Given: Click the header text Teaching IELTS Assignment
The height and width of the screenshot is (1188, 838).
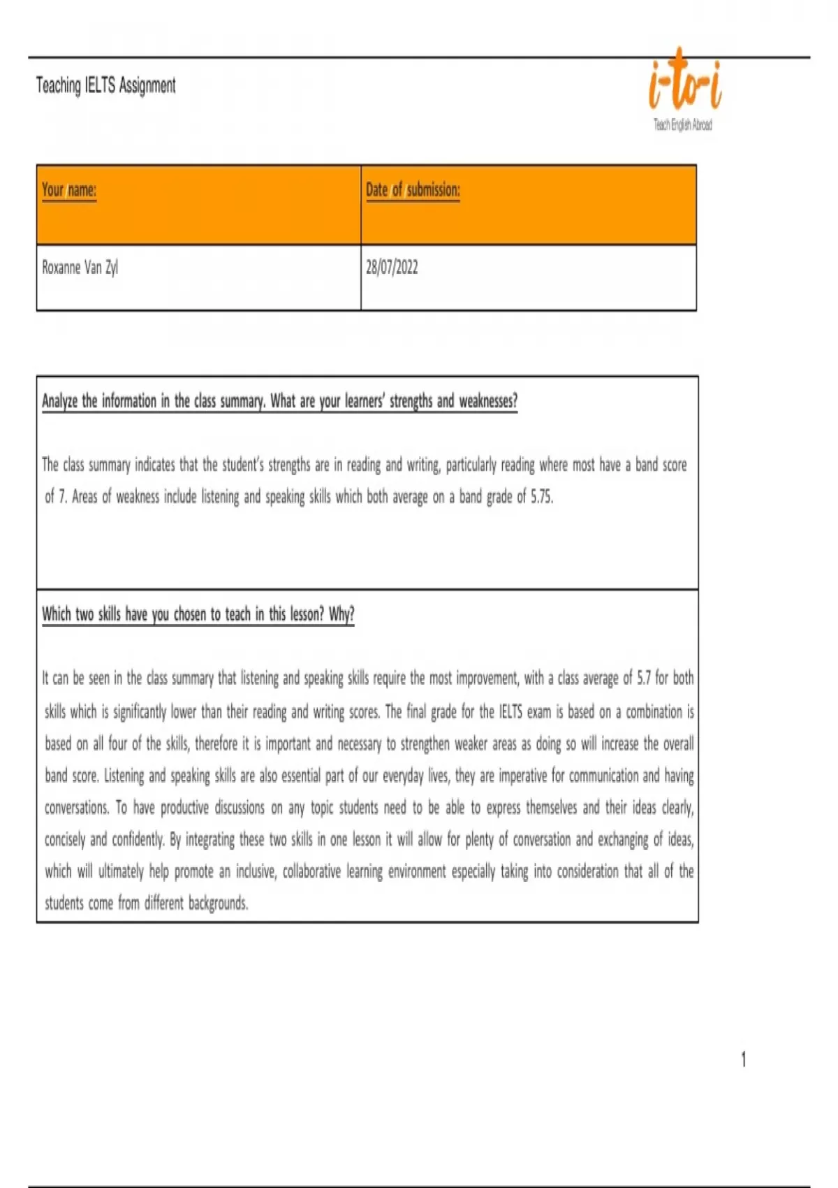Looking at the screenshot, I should coord(105,85).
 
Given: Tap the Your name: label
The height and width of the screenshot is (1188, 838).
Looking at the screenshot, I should coord(68,189).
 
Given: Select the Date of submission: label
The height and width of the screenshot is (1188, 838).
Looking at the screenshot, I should coord(413,189).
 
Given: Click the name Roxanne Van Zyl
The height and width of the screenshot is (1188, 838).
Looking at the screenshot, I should coord(80,267).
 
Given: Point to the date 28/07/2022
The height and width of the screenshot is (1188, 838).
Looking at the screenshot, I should coord(392,267).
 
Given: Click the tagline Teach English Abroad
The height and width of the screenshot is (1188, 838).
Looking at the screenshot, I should coord(682,124).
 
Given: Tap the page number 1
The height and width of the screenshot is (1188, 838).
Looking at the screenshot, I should coord(743,1059).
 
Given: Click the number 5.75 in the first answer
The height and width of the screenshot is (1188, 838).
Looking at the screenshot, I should coord(541,497).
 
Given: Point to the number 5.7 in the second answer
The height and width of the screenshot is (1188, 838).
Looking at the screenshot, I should coord(643,678).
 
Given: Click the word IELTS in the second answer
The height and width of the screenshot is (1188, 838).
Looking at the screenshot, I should coord(510,712).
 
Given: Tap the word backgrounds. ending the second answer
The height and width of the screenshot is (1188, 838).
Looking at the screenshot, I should coord(218,903).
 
